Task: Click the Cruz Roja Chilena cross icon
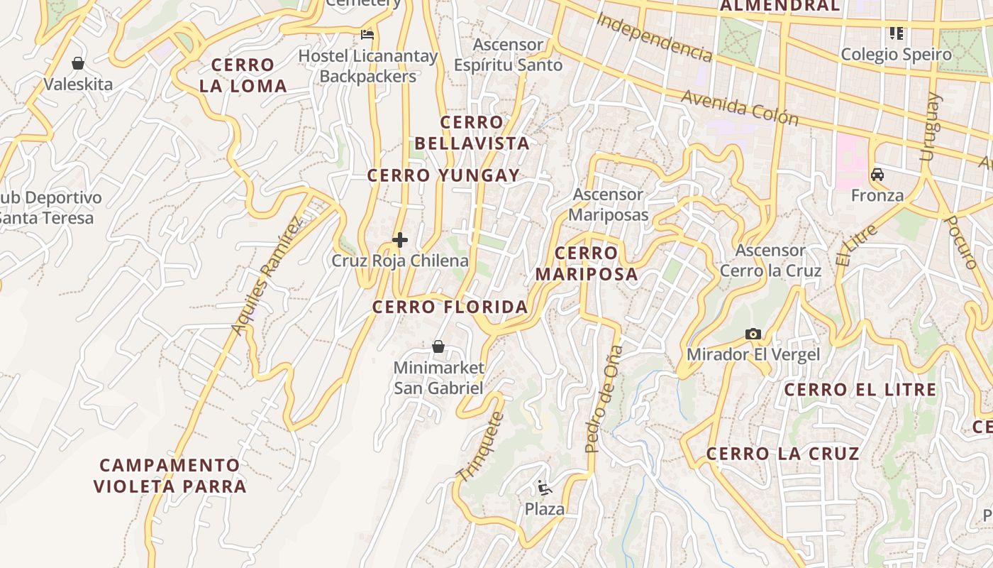click(x=400, y=240)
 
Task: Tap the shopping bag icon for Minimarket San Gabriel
click(x=438, y=346)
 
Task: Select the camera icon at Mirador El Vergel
click(x=753, y=334)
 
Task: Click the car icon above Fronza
click(x=877, y=174)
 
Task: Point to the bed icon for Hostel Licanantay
click(x=367, y=34)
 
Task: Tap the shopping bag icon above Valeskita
click(x=78, y=63)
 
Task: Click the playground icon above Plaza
click(x=545, y=488)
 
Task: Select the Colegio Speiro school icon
click(x=897, y=33)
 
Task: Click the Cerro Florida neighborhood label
click(x=450, y=307)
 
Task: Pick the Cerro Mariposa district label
click(x=587, y=263)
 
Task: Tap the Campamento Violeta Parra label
click(x=170, y=476)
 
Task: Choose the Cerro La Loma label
click(x=243, y=75)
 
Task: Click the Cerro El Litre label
click(x=860, y=389)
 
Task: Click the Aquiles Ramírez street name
click(x=267, y=275)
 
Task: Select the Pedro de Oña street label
click(x=604, y=399)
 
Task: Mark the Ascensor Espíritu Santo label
click(x=508, y=55)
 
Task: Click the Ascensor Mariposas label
click(x=609, y=204)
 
